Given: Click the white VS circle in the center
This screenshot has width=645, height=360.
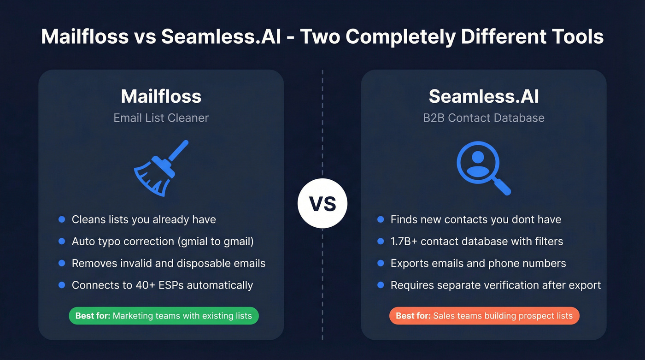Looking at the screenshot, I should [322, 203].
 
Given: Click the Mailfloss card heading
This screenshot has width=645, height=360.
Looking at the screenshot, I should [161, 96].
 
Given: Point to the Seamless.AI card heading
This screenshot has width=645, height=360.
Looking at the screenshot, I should [484, 96].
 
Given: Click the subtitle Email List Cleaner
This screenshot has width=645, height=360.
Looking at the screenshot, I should [161, 118].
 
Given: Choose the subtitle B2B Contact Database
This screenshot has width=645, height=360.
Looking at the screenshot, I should [484, 118].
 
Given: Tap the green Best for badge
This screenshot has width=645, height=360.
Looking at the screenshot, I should [164, 316].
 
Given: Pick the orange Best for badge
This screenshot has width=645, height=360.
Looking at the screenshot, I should [484, 316].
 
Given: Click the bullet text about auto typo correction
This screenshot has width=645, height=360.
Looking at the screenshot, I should [163, 242].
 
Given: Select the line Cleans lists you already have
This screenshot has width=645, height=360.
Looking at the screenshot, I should [144, 220].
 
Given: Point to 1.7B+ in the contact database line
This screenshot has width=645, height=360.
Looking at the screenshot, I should [406, 242].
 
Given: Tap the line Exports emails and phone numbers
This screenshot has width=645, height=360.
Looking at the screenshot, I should [478, 264].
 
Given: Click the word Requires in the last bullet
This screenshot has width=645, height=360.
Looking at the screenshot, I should [411, 285].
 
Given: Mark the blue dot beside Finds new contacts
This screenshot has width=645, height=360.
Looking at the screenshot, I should [381, 220].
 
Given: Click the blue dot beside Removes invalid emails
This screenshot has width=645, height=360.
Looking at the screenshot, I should [62, 264].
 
